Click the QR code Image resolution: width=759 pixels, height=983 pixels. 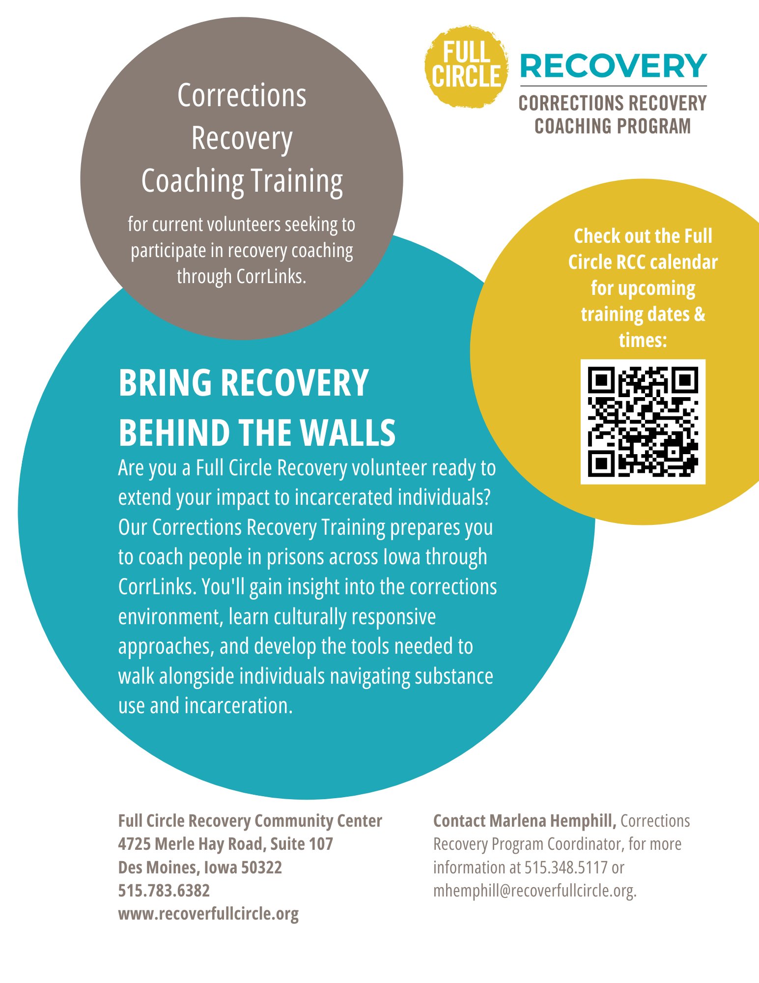643,422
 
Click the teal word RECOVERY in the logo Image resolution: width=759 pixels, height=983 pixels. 613,66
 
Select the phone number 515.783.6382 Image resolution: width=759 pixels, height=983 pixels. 164,891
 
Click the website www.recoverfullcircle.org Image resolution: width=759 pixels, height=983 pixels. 208,914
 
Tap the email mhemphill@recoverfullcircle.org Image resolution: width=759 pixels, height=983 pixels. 534,891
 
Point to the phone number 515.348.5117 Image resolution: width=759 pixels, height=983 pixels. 566,867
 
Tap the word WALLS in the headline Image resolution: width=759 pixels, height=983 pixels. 348,433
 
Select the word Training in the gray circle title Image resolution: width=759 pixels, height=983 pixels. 297,181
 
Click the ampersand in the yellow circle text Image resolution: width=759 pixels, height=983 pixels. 700,314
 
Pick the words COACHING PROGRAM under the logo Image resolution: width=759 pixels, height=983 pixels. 613,126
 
